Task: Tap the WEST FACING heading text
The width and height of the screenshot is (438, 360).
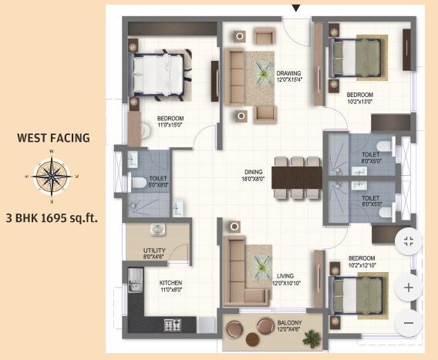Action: [53, 140]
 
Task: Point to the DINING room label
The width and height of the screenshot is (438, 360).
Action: [254, 175]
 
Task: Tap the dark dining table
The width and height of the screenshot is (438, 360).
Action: [296, 177]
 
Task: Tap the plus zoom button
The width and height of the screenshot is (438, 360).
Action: [409, 288]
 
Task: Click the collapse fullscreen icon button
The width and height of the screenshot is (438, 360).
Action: [409, 242]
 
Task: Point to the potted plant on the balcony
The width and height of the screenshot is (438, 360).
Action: [312, 337]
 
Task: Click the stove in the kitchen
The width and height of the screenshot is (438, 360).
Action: [171, 325]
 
